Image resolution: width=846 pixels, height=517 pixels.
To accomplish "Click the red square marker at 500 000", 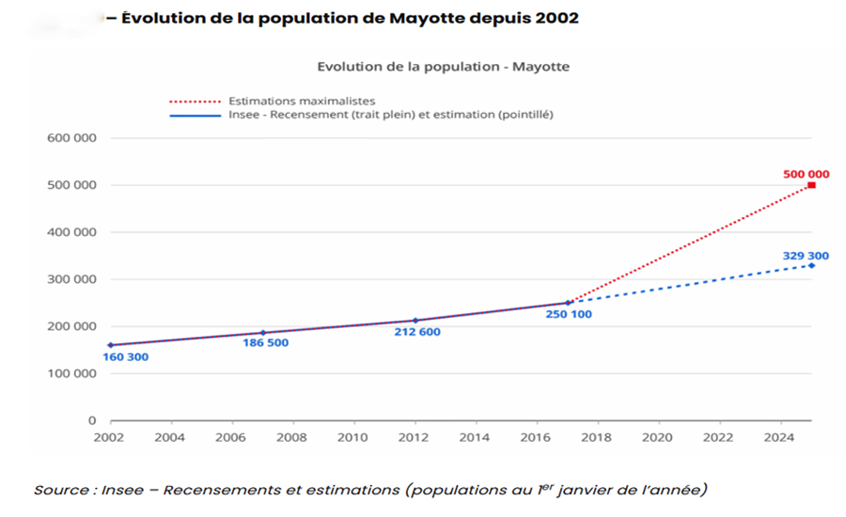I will (x=811, y=185).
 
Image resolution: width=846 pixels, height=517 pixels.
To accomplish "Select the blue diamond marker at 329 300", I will (x=811, y=265).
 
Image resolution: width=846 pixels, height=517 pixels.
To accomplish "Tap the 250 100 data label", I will (x=568, y=314).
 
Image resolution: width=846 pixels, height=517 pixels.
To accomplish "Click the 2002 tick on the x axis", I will (x=109, y=437).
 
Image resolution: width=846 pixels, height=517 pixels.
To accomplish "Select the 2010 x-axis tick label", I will (x=352, y=437).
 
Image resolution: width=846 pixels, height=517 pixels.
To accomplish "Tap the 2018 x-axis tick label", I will (x=597, y=437).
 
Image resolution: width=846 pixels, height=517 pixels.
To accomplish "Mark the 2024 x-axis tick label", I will (x=780, y=437).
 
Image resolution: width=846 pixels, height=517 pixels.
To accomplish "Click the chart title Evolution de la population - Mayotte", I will (x=443, y=67).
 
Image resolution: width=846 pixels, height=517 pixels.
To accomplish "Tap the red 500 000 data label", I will (x=806, y=174).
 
